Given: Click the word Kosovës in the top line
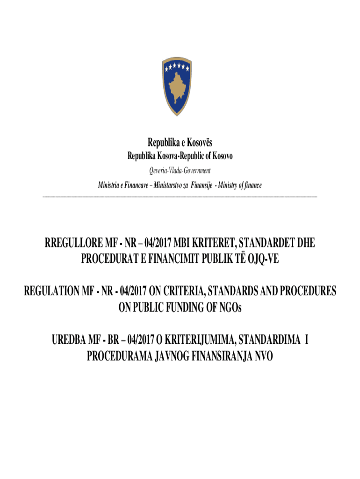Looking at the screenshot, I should pos(198,143).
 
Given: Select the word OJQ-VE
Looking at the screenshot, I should pos(263,258).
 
